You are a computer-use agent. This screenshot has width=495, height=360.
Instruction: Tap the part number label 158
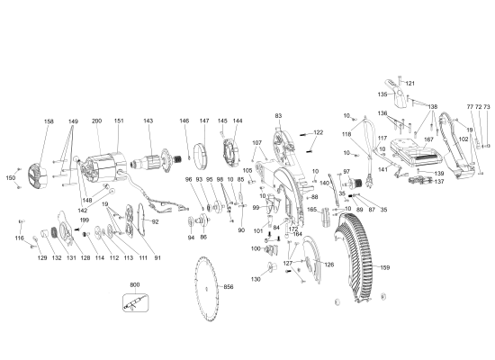pos(49,121)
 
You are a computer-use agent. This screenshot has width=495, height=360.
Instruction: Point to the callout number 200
pos(96,121)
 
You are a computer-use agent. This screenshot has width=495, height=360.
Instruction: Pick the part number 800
pos(134,285)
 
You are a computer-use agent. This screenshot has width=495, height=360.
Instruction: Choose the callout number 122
pos(317,132)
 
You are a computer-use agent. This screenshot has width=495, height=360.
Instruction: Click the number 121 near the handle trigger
pos(409,83)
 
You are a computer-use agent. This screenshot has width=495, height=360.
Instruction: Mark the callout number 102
pos(463,139)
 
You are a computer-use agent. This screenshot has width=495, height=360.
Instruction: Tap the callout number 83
pos(278,116)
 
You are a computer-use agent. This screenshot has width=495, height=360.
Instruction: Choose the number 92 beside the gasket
pos(154,221)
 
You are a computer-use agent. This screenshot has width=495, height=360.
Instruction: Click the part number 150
pos(11,178)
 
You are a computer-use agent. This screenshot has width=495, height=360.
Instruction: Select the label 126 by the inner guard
pos(328,265)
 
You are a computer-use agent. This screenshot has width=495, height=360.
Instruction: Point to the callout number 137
pos(439,182)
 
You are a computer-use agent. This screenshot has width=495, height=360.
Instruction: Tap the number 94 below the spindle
pos(191,238)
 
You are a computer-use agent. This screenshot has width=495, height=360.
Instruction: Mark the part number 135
pos(382,94)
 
